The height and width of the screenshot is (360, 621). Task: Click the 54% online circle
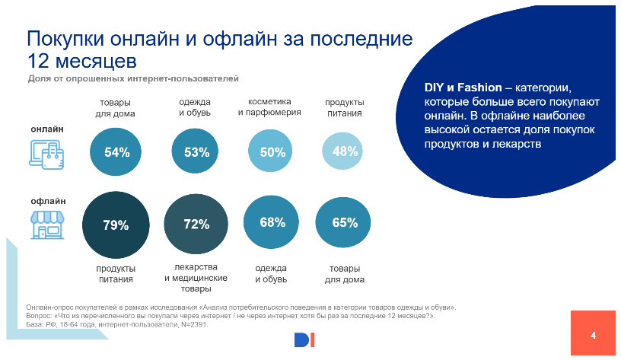[116, 152]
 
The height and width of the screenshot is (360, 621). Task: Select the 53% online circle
[196, 152]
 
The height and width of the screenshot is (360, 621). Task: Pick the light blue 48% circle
[345, 151]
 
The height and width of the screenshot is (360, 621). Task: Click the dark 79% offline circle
[116, 225]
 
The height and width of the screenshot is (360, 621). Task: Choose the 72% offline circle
[196, 225]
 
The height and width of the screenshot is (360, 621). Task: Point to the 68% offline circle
[272, 223]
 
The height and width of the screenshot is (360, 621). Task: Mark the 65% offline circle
[345, 223]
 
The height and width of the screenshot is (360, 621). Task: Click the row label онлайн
[46, 129]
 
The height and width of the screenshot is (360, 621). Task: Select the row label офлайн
[48, 202]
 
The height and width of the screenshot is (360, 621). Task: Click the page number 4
[593, 335]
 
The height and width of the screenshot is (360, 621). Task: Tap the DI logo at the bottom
[304, 340]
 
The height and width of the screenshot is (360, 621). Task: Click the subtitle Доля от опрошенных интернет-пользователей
[133, 78]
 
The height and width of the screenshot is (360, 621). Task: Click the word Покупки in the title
[68, 40]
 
